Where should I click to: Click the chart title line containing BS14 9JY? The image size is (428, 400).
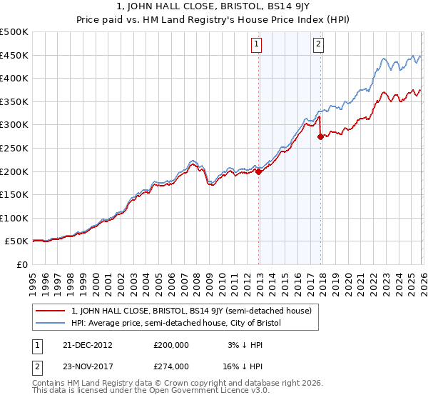click(213, 8)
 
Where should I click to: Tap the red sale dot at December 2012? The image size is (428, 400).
click(259, 171)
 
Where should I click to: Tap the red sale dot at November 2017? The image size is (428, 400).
click(320, 137)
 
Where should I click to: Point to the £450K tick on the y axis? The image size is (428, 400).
click(14, 56)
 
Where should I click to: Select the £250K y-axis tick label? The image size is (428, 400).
click(14, 149)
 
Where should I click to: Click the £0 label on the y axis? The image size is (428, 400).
click(21, 265)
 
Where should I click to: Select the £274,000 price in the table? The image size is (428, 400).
click(170, 366)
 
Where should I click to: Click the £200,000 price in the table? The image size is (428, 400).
click(170, 344)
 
